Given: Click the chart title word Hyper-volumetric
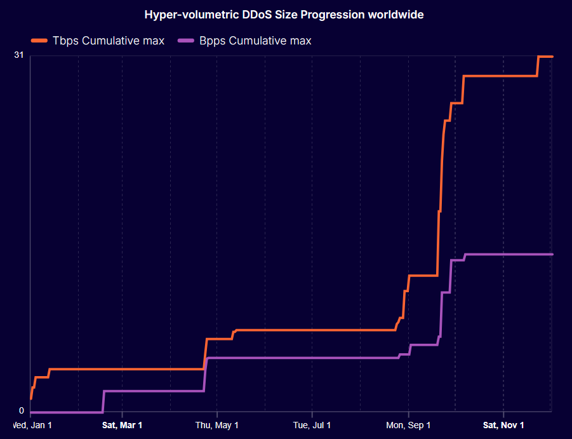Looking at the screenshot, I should [x=182, y=15].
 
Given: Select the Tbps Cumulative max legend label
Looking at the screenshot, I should [x=109, y=41].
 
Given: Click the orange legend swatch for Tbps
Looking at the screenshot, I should [x=39, y=41].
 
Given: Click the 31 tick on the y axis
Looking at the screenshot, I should [x=18, y=56].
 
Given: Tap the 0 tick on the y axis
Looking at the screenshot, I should [x=21, y=410].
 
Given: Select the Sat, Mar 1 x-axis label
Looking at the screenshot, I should [x=122, y=425].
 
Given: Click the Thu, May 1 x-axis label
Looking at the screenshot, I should [x=217, y=425].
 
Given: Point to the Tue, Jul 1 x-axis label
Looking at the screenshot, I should [x=312, y=425].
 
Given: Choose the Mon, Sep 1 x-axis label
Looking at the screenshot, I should [x=408, y=425].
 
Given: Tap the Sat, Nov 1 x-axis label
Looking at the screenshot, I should [x=503, y=425].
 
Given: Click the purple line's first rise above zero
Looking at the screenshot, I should [x=103, y=402].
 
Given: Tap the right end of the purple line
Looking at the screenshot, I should [x=552, y=254].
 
